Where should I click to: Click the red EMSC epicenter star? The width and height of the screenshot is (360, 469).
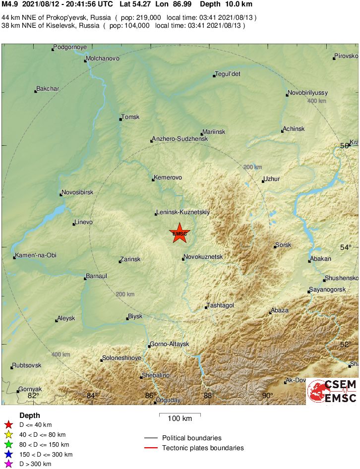pos(180,233)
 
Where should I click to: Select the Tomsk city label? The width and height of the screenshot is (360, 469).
pos(131,117)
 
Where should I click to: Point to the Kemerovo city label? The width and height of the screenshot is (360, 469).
pos(169,177)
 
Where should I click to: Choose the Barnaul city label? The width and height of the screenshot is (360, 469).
pos(97,276)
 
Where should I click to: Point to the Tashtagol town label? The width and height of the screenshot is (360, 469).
pos(221,305)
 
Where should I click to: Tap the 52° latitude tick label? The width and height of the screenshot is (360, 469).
pos(346,344)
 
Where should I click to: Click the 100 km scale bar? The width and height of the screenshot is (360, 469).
pos(180,413)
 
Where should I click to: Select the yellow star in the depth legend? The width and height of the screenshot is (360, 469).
pos(8,434)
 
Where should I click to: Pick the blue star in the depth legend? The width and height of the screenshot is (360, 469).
pos(8,454)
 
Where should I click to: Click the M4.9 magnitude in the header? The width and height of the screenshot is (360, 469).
pos(10,4)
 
